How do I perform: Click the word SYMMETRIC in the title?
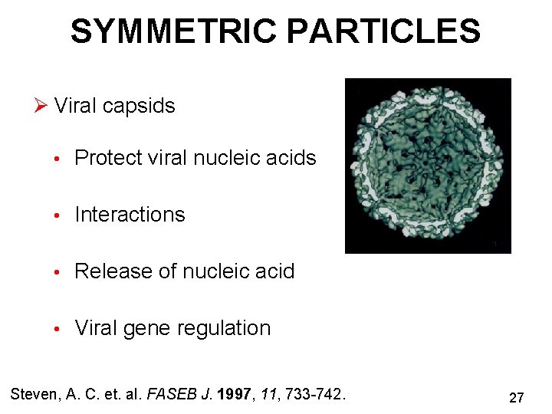tap(174, 32)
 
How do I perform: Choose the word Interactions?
tap(130, 215)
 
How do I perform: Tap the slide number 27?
tap(516, 398)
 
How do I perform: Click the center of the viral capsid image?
tap(428, 166)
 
